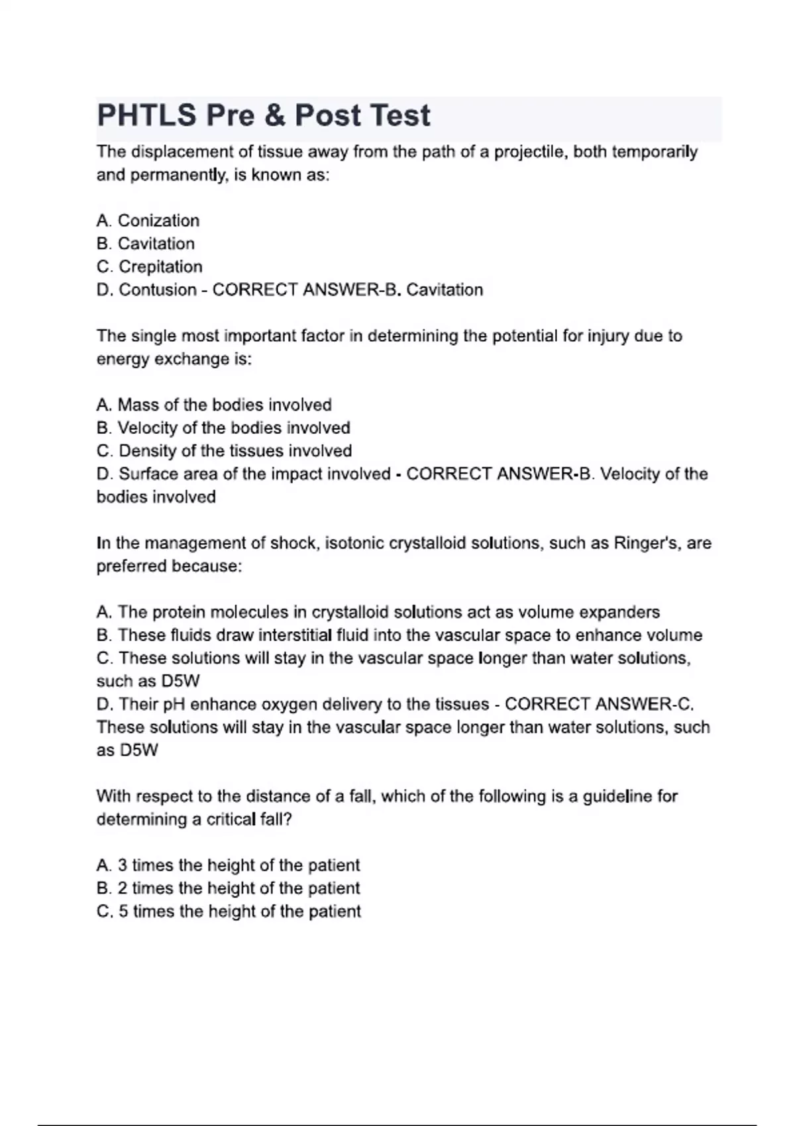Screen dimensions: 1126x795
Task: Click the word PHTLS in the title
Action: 146,115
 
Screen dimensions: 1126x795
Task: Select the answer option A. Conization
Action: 148,221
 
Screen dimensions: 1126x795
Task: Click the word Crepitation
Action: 160,267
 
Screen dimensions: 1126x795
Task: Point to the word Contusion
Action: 158,290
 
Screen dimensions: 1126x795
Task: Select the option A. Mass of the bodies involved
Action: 214,405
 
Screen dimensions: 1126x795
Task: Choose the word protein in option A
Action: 178,612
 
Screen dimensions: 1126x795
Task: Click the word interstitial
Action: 294,635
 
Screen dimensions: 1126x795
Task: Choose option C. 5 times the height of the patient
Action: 229,911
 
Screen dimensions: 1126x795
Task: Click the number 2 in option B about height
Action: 122,888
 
